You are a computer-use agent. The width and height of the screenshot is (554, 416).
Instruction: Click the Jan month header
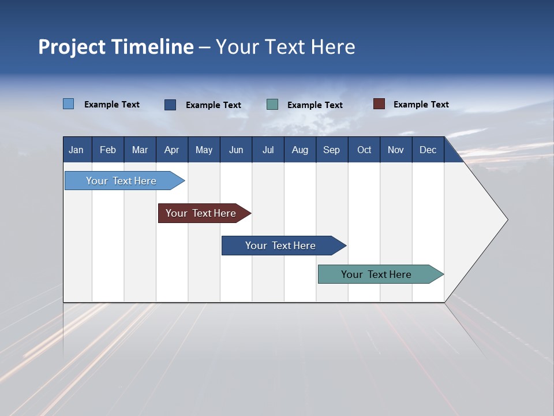pyautogui.click(x=76, y=150)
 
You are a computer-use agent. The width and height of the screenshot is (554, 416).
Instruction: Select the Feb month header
pyautogui.click(x=108, y=150)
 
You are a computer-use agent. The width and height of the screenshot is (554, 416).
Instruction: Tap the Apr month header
pyautogui.click(x=171, y=150)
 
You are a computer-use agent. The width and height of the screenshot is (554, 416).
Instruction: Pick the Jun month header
pyautogui.click(x=236, y=150)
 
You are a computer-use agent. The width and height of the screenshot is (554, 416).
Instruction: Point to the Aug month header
pyautogui.click(x=300, y=150)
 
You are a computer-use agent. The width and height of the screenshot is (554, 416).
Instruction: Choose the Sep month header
pyautogui.click(x=331, y=150)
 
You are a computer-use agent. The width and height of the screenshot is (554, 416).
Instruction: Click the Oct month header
pyautogui.click(x=364, y=150)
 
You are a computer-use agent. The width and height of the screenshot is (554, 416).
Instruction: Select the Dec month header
pyautogui.click(x=428, y=150)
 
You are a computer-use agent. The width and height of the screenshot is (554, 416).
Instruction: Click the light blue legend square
pyautogui.click(x=68, y=104)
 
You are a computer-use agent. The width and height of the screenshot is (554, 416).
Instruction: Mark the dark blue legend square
pyautogui.click(x=170, y=105)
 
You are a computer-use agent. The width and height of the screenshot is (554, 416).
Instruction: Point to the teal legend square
pyautogui.click(x=272, y=105)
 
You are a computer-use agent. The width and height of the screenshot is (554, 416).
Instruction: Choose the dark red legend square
pyautogui.click(x=379, y=104)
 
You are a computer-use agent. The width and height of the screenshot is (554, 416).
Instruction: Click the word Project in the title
pyautogui.click(x=72, y=47)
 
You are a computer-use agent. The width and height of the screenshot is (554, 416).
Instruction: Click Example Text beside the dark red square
pyautogui.click(x=421, y=105)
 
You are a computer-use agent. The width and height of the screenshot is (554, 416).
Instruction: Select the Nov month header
pyautogui.click(x=395, y=150)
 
